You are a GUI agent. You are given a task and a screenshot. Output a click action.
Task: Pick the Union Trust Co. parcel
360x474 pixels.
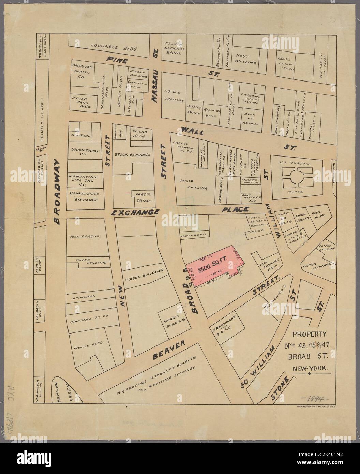coord(84,152)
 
